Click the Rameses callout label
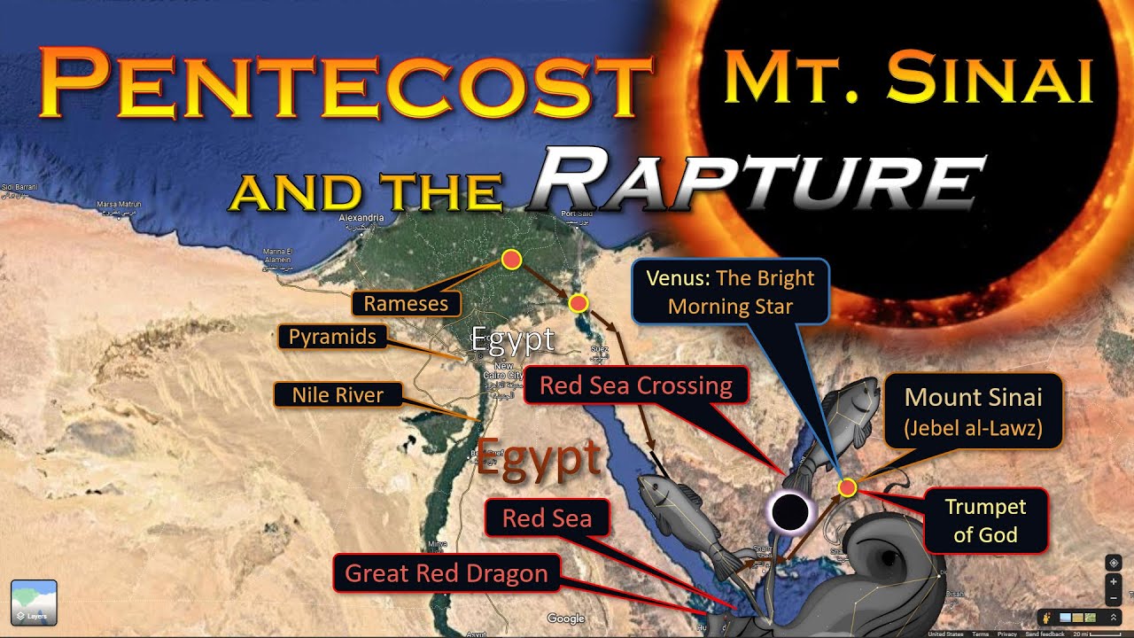pyautogui.click(x=406, y=304)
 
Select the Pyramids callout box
pyautogui.click(x=332, y=337)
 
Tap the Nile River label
pyautogui.click(x=338, y=394)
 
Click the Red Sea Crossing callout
pyautogui.click(x=636, y=386)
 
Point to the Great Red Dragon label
pyautogui.click(x=446, y=573)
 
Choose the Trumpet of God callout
pyautogui.click(x=985, y=520)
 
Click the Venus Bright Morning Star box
pyautogui.click(x=729, y=292)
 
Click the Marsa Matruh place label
pyautogui.click(x=119, y=205)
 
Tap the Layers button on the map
pyautogui.click(x=34, y=603)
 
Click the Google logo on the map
pyautogui.click(x=565, y=619)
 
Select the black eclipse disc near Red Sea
pyautogui.click(x=789, y=512)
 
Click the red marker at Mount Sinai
pyautogui.click(x=848, y=486)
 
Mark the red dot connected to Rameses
pyautogui.click(x=511, y=260)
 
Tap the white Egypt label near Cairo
pyautogui.click(x=512, y=339)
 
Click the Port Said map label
pyautogui.click(x=576, y=214)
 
